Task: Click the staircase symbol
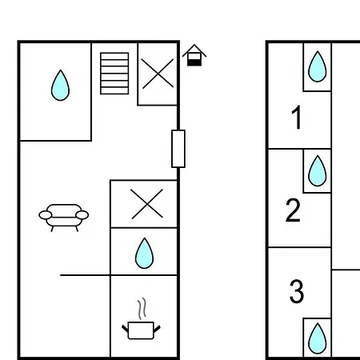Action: click(114, 74)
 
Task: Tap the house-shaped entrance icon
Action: click(194, 55)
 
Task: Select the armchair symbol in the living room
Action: click(64, 218)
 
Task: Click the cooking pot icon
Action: click(141, 330)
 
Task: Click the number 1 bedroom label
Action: click(296, 118)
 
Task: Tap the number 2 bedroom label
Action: click(293, 210)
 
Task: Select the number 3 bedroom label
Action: click(297, 291)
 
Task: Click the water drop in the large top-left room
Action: click(60, 85)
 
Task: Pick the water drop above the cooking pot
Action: click(144, 253)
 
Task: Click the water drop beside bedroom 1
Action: click(318, 66)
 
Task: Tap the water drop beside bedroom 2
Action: click(318, 170)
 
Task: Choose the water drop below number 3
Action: click(318, 338)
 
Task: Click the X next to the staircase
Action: click(158, 74)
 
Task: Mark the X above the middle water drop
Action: click(147, 204)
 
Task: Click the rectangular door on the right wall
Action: click(178, 149)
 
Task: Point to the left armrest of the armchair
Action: click(46, 214)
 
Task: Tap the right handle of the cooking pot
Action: click(157, 330)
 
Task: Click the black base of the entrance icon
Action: click(194, 62)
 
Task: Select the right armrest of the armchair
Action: click(82, 214)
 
